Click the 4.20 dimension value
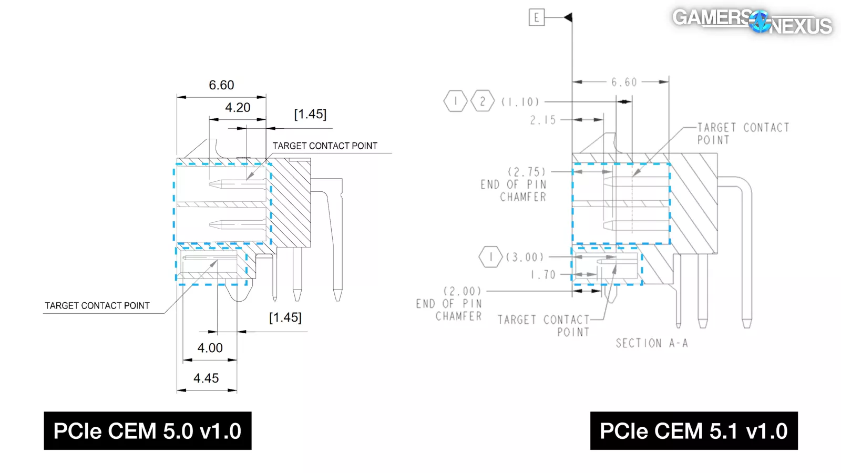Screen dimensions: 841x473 click(x=238, y=108)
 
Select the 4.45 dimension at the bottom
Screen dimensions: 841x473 click(x=206, y=378)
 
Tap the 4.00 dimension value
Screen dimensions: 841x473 click(x=210, y=348)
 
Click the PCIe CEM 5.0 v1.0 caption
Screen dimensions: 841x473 click(x=148, y=430)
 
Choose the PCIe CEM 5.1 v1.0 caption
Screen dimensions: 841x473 click(x=694, y=430)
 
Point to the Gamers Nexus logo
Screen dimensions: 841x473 click(x=752, y=22)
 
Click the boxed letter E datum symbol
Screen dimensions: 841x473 click(x=537, y=18)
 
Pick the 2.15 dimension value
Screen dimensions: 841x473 click(x=542, y=120)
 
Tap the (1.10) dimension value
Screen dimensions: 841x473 click(x=520, y=102)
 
